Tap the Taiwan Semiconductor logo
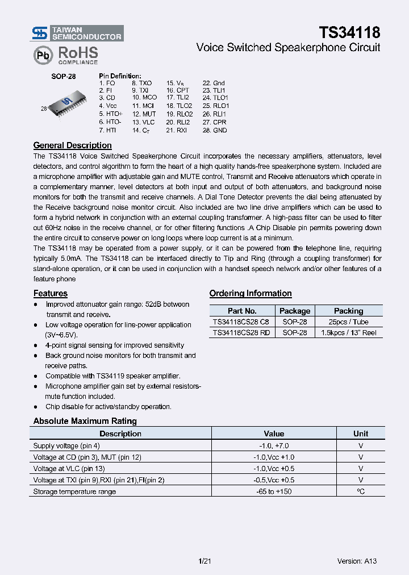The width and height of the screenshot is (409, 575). [77, 33]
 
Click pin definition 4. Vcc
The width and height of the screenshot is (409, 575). [107, 106]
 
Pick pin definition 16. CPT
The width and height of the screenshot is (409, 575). [178, 90]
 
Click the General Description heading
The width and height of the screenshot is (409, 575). [72, 145]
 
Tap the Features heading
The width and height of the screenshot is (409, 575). [50, 293]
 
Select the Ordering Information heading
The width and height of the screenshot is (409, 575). [251, 293]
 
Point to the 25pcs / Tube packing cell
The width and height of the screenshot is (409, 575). [348, 322]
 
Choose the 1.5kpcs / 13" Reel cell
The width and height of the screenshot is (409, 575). [348, 332]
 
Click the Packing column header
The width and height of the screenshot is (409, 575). [348, 311]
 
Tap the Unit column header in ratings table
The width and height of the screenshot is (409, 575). [360, 434]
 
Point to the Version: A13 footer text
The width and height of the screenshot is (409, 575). [357, 561]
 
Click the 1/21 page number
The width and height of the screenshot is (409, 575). [205, 561]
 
